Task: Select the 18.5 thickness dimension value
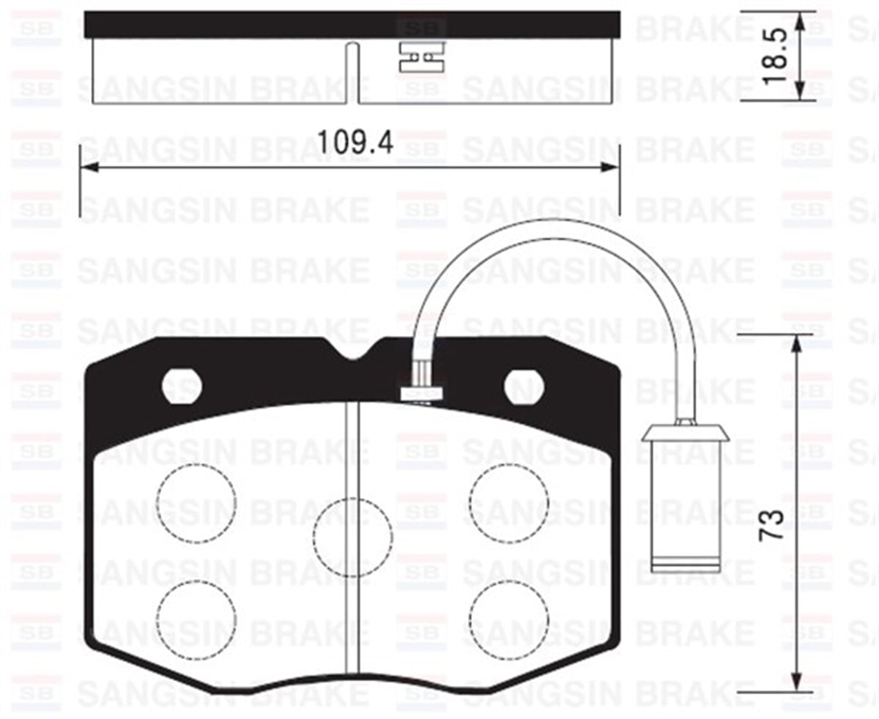pyautogui.click(x=774, y=56)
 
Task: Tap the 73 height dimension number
pyautogui.click(x=773, y=525)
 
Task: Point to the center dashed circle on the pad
pyautogui.click(x=352, y=537)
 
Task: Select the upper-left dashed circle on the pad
pyautogui.click(x=196, y=503)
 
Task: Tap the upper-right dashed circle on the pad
pyautogui.click(x=509, y=503)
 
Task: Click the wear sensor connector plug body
pyautogui.click(x=686, y=505)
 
